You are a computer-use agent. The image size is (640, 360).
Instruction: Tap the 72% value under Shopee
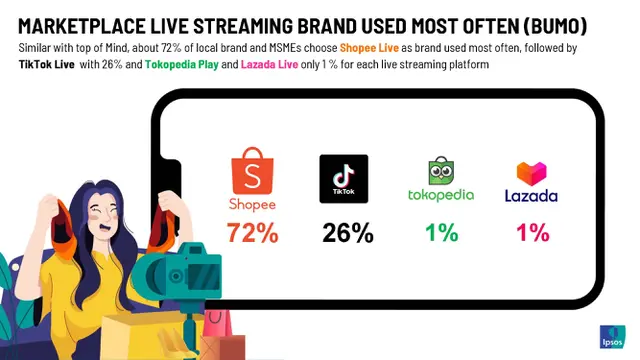tap(252, 233)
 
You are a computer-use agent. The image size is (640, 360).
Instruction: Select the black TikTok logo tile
tap(344, 179)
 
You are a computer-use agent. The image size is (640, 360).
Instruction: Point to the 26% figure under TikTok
tap(347, 234)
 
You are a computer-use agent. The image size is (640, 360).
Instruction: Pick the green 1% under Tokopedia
tap(441, 233)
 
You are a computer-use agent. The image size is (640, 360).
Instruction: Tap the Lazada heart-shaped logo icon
tap(530, 172)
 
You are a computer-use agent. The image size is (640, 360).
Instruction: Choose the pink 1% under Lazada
tap(532, 233)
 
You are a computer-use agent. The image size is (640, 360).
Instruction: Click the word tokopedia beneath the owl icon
tap(441, 195)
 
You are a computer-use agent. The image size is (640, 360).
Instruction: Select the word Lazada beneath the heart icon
tap(531, 196)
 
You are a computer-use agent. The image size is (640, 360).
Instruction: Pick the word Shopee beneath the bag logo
tap(251, 204)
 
